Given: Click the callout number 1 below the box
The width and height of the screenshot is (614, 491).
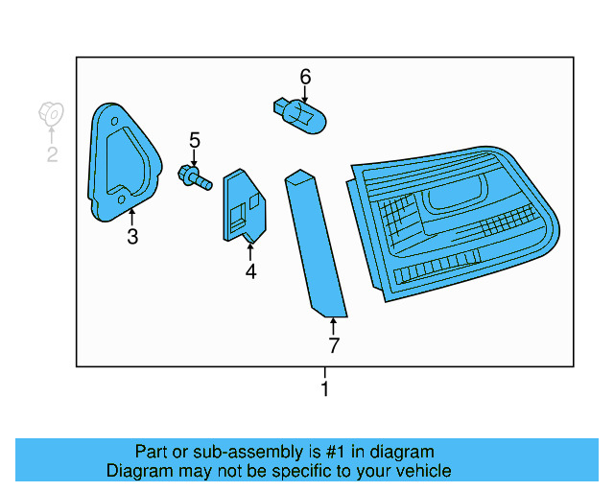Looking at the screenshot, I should click(x=325, y=389).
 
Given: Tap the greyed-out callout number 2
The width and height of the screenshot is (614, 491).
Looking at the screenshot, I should click(x=52, y=154).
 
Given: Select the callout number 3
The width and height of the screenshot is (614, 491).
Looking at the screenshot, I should click(x=132, y=237).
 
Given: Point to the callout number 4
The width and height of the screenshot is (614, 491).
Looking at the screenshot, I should click(x=250, y=271).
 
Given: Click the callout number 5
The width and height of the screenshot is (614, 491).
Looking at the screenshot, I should click(x=194, y=141).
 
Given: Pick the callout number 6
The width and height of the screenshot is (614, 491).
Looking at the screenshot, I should click(x=305, y=76).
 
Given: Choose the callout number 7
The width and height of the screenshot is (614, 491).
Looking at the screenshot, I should click(x=333, y=345).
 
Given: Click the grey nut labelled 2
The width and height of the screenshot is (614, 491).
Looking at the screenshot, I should click(x=51, y=114).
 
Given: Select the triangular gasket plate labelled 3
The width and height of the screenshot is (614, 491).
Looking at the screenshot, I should click(x=121, y=164).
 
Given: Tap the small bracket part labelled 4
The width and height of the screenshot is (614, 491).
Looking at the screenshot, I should click(x=243, y=205).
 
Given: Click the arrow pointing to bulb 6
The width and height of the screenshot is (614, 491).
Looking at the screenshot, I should click(x=305, y=94).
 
